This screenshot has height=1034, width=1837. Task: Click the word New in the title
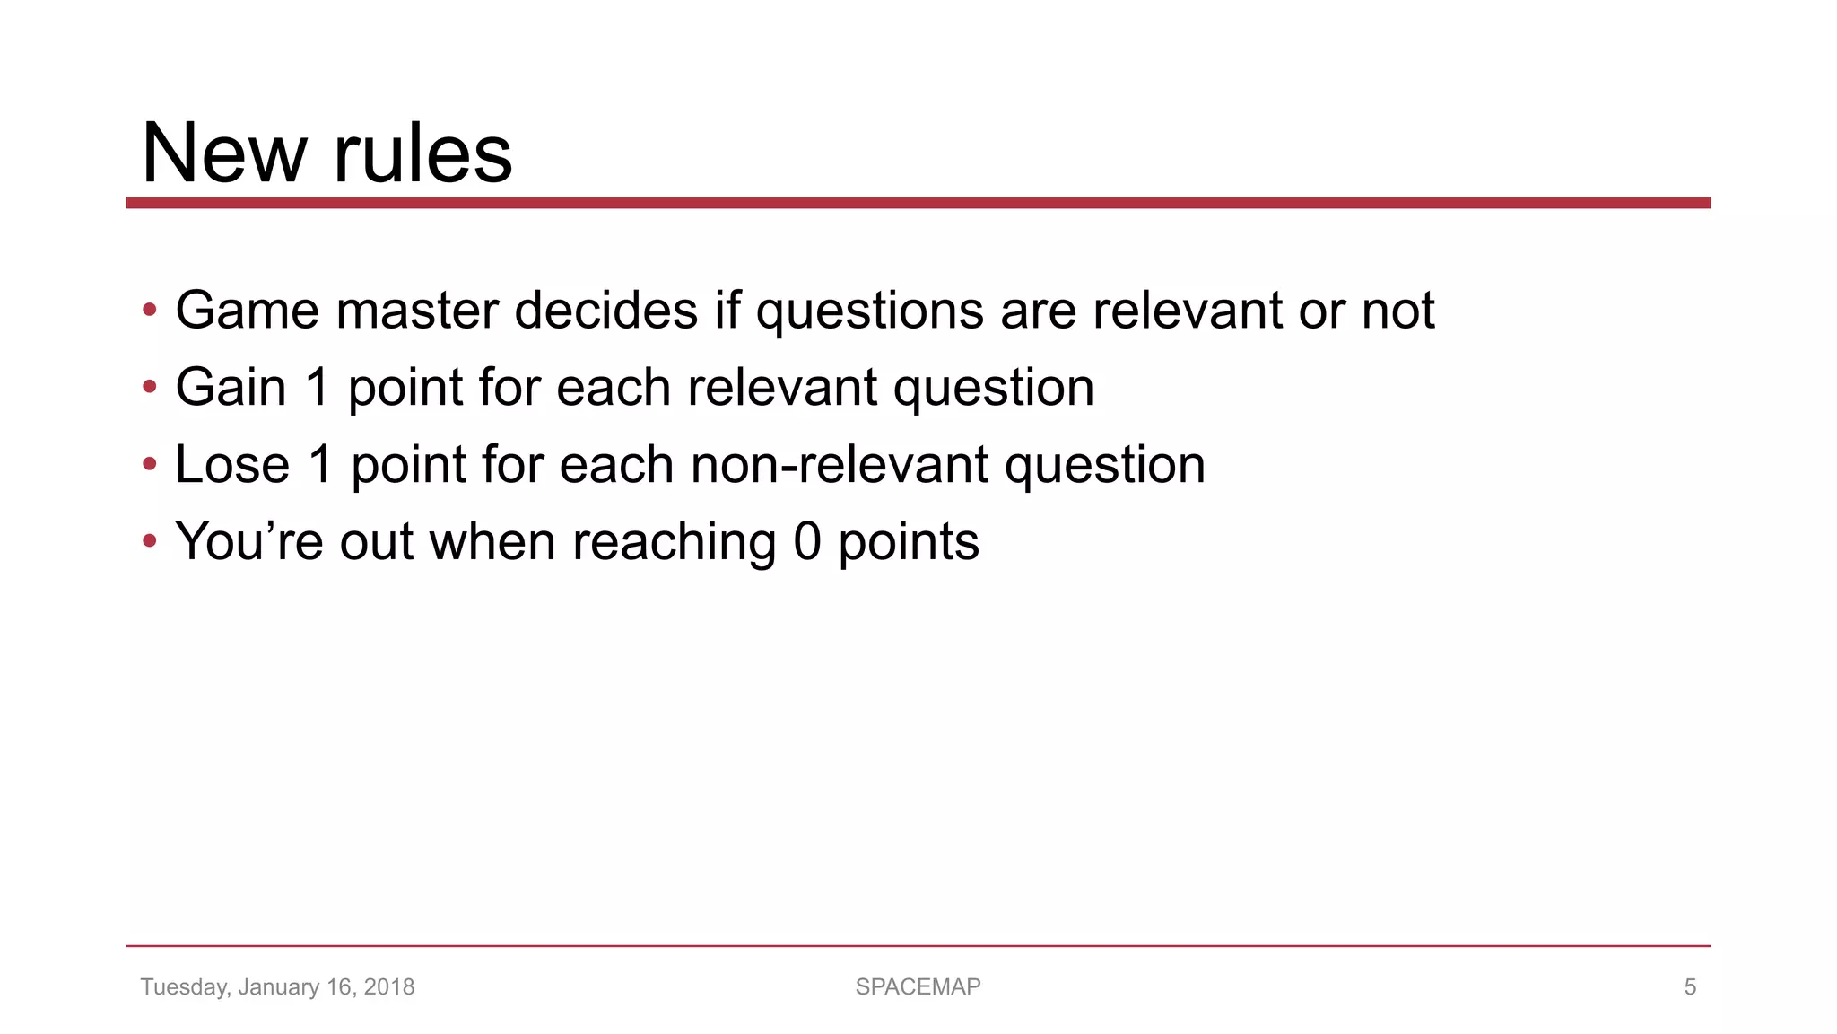tap(224, 153)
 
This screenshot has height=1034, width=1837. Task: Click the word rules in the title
tap(422, 153)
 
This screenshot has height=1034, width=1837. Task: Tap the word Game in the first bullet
tap(247, 311)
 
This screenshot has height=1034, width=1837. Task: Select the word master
tap(416, 311)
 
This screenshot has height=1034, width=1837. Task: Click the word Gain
tap(231, 388)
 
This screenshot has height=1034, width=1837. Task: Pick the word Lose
tap(232, 465)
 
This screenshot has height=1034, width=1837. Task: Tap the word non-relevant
tap(840, 465)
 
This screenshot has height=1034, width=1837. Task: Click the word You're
tap(248, 542)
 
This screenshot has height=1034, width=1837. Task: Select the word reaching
tap(674, 542)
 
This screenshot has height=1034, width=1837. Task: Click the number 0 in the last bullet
tap(807, 542)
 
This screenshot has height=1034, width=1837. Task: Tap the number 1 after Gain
tap(318, 388)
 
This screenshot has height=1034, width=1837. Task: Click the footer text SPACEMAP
tap(918, 987)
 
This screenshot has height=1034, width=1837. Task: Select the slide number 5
tap(1690, 987)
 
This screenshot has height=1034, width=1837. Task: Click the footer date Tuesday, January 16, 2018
tap(277, 987)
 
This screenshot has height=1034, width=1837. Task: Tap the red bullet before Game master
tap(150, 311)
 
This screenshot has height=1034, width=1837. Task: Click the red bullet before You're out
tap(150, 542)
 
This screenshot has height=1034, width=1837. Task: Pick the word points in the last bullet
tap(908, 542)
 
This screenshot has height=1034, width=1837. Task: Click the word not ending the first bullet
tap(1397, 311)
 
